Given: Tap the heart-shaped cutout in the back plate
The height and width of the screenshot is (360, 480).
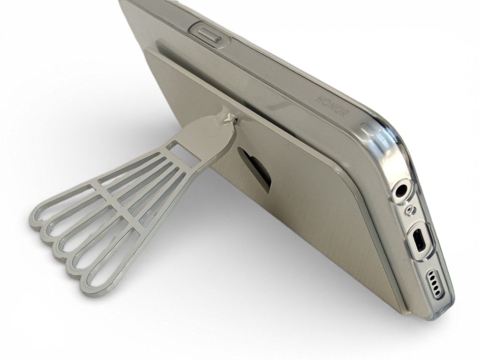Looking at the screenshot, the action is [x=255, y=168].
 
